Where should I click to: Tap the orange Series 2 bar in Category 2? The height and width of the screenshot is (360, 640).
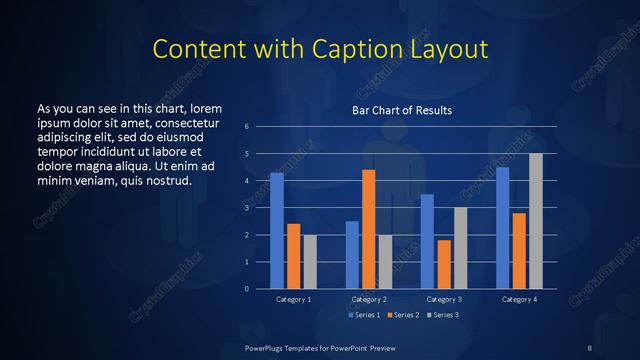pos(368,229)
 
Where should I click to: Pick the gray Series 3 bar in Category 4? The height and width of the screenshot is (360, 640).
pos(536,221)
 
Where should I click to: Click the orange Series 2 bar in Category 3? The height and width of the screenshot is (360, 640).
pos(444,264)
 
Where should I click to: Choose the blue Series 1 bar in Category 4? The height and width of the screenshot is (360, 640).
pos(502,228)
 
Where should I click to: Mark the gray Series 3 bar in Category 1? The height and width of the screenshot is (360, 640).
pos(310,261)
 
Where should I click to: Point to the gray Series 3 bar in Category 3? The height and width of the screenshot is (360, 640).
pos(460,248)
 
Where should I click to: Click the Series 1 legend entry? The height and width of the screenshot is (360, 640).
pos(364,316)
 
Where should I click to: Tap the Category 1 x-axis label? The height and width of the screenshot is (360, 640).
pos(293,299)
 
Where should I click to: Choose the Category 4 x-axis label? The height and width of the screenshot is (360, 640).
pos(518,299)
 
